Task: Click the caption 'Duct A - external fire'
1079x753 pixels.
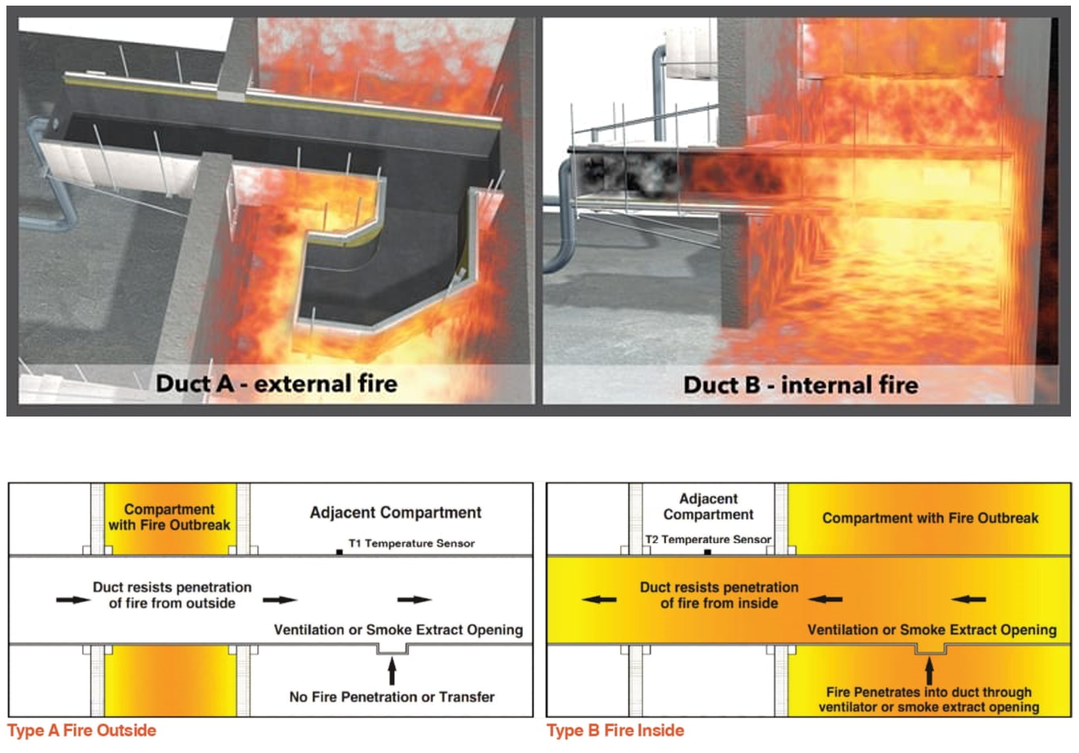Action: point(277,384)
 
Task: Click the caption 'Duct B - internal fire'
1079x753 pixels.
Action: point(800,385)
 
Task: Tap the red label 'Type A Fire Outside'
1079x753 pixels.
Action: point(82,731)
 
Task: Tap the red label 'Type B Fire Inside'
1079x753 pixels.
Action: point(616,731)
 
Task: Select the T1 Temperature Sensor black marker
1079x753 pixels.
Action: point(340,552)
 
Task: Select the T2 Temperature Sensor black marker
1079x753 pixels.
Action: point(707,552)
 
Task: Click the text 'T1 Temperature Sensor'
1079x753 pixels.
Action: point(411,543)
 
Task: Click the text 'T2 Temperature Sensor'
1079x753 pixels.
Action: point(709,539)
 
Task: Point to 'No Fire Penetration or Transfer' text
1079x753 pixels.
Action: point(392,697)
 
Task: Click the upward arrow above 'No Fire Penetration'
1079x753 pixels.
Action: point(392,670)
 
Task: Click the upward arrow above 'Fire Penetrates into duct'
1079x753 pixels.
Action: point(929,670)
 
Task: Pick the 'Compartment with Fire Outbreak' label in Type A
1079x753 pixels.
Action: point(169,517)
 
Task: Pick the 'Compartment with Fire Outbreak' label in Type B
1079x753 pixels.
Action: point(930,518)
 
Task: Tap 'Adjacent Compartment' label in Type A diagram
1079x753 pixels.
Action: point(396,513)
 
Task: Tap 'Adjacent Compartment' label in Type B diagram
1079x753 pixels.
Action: point(709,506)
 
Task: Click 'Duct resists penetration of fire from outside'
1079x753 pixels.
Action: point(172,595)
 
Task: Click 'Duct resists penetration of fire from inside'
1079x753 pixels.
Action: point(719,595)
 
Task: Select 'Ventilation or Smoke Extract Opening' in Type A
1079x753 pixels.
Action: point(398,630)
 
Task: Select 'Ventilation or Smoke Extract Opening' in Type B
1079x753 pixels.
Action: point(931,630)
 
